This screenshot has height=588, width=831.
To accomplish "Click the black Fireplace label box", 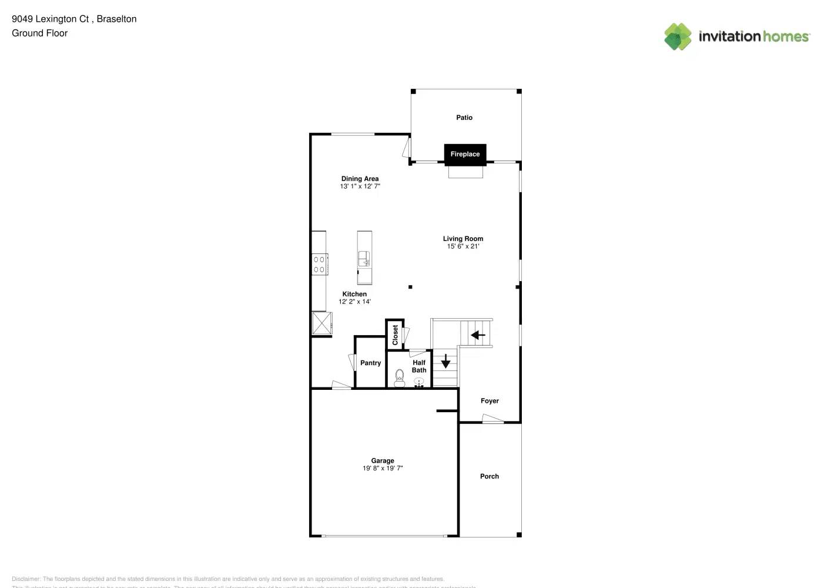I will (x=465, y=154).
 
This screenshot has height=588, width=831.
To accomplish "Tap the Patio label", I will (x=464, y=118).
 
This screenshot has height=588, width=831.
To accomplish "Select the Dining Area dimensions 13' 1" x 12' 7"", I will (x=360, y=186).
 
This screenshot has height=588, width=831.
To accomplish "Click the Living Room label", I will (x=463, y=239).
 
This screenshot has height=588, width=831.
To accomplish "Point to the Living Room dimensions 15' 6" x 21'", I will (x=463, y=246).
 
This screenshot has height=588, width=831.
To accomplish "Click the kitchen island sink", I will (x=364, y=258).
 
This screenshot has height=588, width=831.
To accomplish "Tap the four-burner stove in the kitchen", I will (x=319, y=265).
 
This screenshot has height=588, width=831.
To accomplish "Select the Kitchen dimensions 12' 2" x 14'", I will (x=354, y=302).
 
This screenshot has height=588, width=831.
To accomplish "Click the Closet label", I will (x=395, y=335).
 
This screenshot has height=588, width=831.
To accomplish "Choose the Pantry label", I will (x=370, y=363).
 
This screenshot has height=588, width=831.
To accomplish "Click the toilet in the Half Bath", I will (x=400, y=377).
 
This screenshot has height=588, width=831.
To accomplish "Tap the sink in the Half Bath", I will (x=419, y=382).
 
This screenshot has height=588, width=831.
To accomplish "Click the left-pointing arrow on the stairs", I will (x=478, y=335).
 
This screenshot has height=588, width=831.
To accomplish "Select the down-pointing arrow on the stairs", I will (x=445, y=361).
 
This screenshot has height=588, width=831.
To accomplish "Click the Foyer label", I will (x=490, y=401).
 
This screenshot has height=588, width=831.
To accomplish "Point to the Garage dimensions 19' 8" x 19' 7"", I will (x=383, y=469).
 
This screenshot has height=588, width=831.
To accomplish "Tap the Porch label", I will (x=489, y=476).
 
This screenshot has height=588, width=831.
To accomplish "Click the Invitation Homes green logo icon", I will (x=678, y=36).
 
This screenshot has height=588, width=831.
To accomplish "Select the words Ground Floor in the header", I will (x=39, y=33).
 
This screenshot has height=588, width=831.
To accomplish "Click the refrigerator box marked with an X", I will (x=321, y=323).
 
